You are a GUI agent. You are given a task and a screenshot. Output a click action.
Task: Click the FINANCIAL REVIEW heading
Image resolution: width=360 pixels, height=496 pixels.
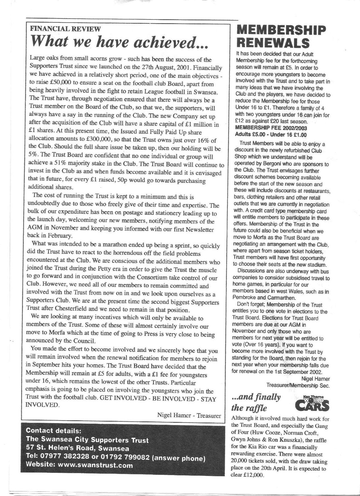coord(65,29)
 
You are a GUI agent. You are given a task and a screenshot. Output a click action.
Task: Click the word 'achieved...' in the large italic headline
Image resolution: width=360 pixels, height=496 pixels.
coord(171,42)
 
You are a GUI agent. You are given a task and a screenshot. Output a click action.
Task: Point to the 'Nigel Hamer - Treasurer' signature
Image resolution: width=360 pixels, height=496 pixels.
coord(189,415)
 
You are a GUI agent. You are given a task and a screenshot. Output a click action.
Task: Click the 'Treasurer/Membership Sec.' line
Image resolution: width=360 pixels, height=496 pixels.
coord(298,385)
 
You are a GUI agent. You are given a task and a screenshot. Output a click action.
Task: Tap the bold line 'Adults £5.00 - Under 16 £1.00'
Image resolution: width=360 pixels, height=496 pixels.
coord(271,135)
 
